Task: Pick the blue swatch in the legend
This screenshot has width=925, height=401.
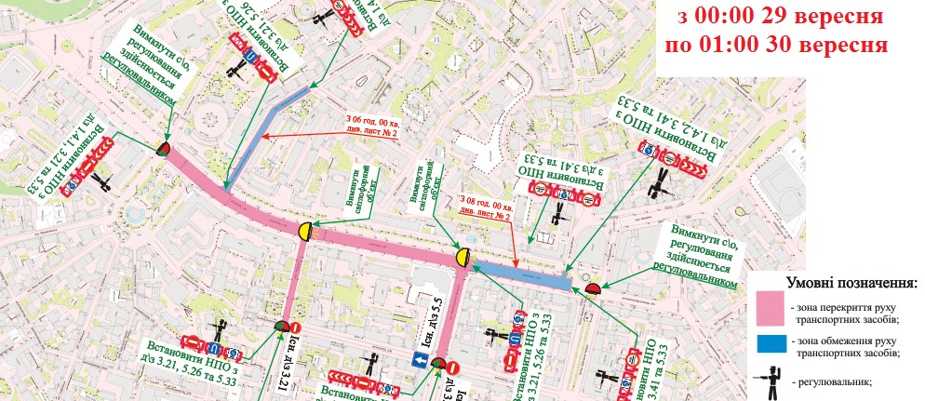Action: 770,346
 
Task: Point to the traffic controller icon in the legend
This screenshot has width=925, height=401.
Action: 770,381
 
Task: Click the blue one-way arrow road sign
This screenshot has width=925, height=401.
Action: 420,360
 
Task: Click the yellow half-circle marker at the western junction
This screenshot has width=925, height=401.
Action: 304,230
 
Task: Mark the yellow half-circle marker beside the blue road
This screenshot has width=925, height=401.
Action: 463,257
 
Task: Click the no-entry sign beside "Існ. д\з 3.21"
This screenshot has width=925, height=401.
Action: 296,327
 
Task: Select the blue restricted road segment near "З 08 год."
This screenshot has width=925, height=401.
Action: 521,273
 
